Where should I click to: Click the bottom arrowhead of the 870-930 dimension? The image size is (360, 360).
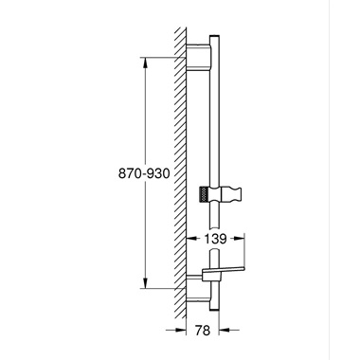(144, 281)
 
